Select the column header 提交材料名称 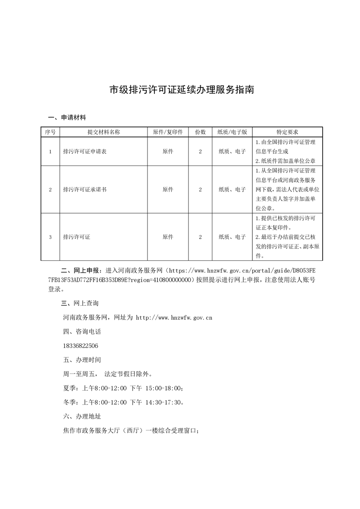[104, 132]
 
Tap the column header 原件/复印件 [168, 132]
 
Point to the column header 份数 [200, 132]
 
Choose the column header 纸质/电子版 [232, 132]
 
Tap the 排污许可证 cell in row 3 [77, 237]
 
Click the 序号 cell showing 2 [50, 190]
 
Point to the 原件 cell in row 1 [168, 152]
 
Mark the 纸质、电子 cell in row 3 [232, 237]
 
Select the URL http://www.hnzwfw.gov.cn [174, 318]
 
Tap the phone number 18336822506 [80, 346]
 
